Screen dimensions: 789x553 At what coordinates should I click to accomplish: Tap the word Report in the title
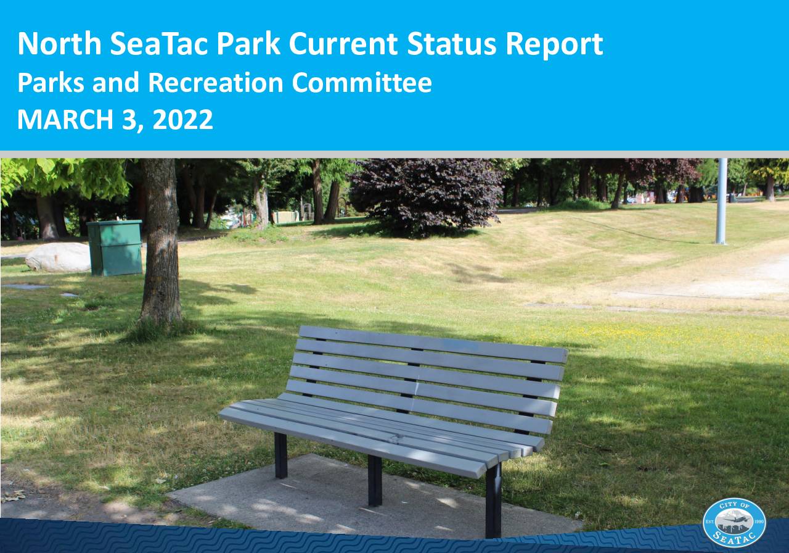[554, 45]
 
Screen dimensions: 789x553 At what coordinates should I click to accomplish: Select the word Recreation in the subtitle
[216, 83]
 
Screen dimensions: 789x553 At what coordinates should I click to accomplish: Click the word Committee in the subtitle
[362, 83]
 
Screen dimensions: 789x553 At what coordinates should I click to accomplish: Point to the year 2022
[182, 120]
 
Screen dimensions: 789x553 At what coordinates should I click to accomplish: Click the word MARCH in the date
[65, 120]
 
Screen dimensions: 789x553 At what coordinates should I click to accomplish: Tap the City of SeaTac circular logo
[734, 523]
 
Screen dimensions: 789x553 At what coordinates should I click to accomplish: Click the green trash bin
[115, 247]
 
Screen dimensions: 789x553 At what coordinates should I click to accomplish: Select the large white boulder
[59, 257]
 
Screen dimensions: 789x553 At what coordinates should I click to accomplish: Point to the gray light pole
[721, 201]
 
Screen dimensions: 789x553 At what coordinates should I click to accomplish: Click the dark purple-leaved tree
[425, 197]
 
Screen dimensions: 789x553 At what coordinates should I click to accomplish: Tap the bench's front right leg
[493, 500]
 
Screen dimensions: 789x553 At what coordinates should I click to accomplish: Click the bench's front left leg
[280, 455]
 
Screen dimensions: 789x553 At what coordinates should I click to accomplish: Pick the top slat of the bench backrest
[433, 344]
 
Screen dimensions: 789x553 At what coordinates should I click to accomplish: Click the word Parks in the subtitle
[51, 83]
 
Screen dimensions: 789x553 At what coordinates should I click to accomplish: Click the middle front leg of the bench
[375, 481]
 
